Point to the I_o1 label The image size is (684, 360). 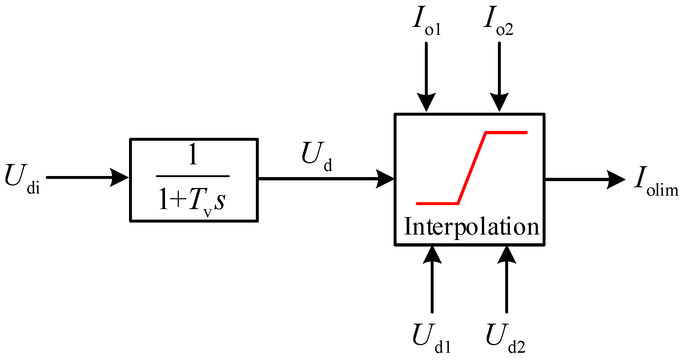pyautogui.click(x=426, y=23)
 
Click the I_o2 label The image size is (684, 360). pyautogui.click(x=498, y=23)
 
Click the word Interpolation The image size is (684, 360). pyautogui.click(x=471, y=227)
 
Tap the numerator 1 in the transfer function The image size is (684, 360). pyautogui.click(x=193, y=155)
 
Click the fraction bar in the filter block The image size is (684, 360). pyautogui.click(x=193, y=176)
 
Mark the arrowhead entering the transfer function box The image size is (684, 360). pyautogui.click(x=120, y=177)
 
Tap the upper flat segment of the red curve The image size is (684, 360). pyautogui.click(x=506, y=133)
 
